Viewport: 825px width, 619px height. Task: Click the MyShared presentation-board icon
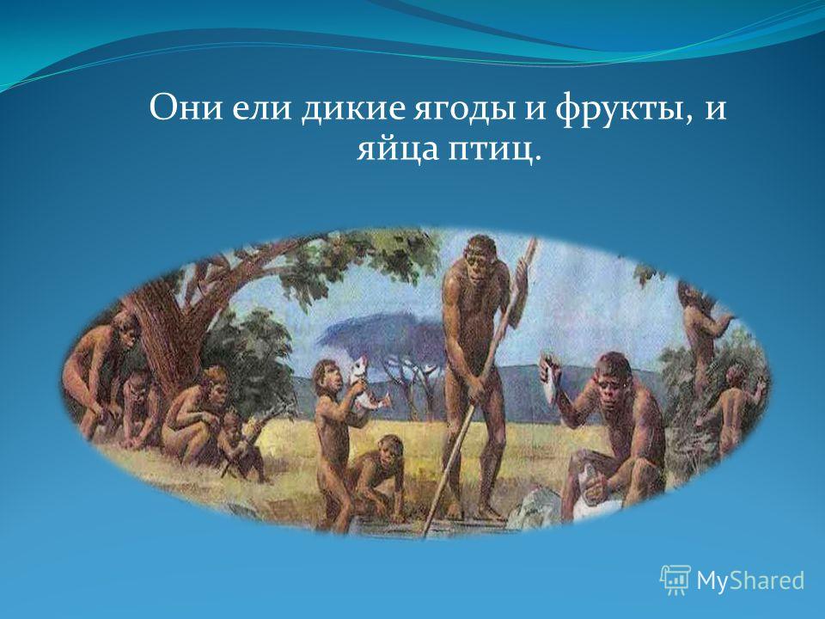pyautogui.click(x=675, y=580)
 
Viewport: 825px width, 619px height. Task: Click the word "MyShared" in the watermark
pyautogui.click(x=750, y=580)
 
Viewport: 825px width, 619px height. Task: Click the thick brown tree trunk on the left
pyautogui.click(x=163, y=337)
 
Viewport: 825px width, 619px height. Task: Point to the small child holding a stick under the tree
pyautogui.click(x=241, y=445)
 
